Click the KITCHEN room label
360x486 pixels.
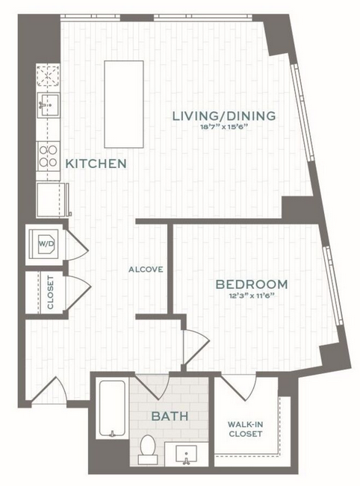[96, 163]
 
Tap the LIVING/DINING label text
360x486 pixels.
[224, 116]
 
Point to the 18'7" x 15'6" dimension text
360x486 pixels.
[224, 126]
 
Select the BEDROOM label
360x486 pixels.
[252, 284]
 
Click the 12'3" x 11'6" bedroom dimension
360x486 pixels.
[252, 296]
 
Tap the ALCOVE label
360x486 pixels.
[146, 270]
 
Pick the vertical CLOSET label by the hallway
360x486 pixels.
[50, 293]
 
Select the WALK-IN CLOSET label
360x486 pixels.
[245, 429]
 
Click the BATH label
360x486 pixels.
[170, 416]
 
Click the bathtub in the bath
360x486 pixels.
[112, 408]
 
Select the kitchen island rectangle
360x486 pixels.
[124, 105]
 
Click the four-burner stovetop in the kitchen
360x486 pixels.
[48, 157]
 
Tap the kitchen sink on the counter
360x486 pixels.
[49, 105]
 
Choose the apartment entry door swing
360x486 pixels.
[49, 390]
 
